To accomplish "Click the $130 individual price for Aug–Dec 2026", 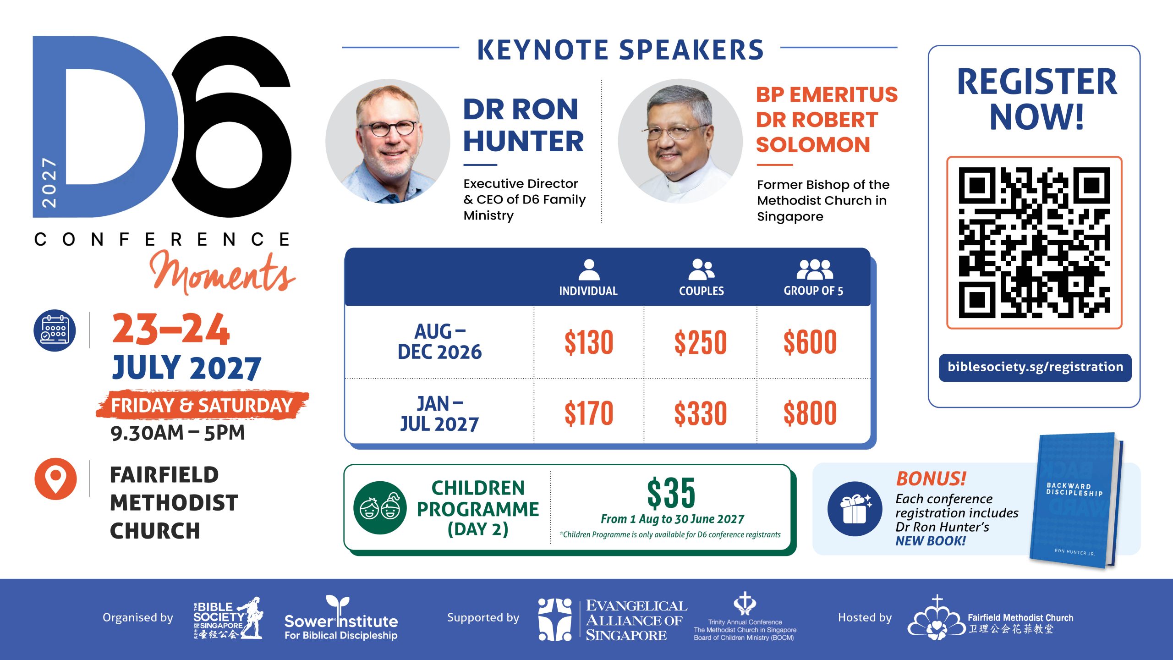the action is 589,342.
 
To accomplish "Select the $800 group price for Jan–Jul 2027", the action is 810,413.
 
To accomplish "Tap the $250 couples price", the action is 701,342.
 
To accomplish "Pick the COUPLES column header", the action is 702,291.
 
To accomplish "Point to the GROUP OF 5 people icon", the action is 815,269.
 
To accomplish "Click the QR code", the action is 1034,242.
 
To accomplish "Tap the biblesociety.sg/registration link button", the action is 1035,367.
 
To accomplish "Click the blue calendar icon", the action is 55,330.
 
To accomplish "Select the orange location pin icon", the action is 55,478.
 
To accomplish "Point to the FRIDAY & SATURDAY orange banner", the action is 202,405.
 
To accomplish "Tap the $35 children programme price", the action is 671,493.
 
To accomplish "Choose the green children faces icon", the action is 380,507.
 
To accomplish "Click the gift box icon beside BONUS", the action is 855,509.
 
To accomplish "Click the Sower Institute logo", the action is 341,617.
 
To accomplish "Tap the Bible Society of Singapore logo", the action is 228,618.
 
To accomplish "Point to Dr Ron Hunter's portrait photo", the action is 388,141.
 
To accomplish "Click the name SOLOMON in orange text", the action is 813,145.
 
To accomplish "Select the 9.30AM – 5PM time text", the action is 178,433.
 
